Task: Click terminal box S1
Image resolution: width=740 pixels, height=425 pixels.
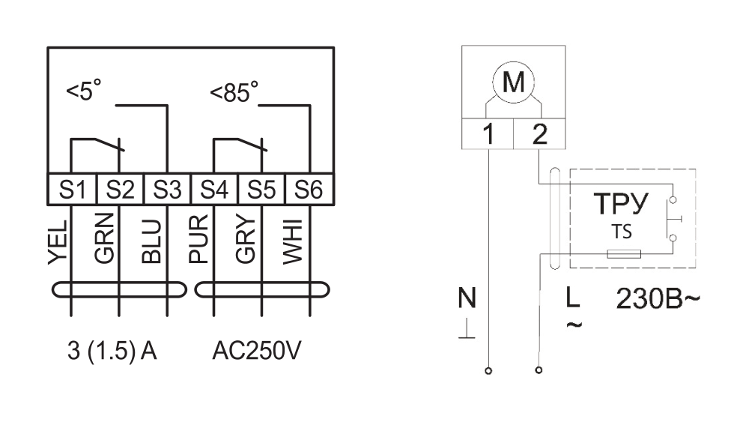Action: click(72, 190)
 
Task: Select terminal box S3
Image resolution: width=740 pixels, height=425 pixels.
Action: click(167, 190)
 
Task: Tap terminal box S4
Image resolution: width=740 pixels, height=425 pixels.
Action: click(214, 190)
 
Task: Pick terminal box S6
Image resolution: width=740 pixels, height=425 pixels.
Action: click(309, 190)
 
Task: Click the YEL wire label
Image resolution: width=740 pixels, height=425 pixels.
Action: click(58, 242)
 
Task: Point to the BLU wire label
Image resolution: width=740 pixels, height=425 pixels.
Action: click(151, 241)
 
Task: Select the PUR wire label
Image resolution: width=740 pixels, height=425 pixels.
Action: click(198, 238)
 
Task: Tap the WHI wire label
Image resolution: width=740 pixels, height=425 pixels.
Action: click(292, 241)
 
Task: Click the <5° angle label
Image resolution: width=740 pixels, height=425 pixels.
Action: click(84, 90)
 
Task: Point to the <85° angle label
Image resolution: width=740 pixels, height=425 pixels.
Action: click(234, 91)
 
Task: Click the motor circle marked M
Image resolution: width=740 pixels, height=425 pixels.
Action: click(514, 82)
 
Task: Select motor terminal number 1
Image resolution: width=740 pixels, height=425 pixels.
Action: click(488, 134)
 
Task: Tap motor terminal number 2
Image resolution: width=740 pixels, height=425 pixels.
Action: click(539, 134)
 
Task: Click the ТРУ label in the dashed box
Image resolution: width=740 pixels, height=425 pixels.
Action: click(621, 204)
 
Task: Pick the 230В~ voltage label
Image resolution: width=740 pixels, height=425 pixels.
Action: click(658, 298)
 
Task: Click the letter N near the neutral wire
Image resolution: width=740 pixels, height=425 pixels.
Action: click(467, 298)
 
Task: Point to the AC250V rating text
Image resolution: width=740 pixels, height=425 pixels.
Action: click(256, 350)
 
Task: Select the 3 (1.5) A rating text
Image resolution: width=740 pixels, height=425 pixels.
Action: click(112, 351)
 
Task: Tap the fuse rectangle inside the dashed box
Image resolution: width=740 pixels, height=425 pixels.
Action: click(623, 254)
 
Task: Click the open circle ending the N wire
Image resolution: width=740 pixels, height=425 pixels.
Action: click(488, 371)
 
